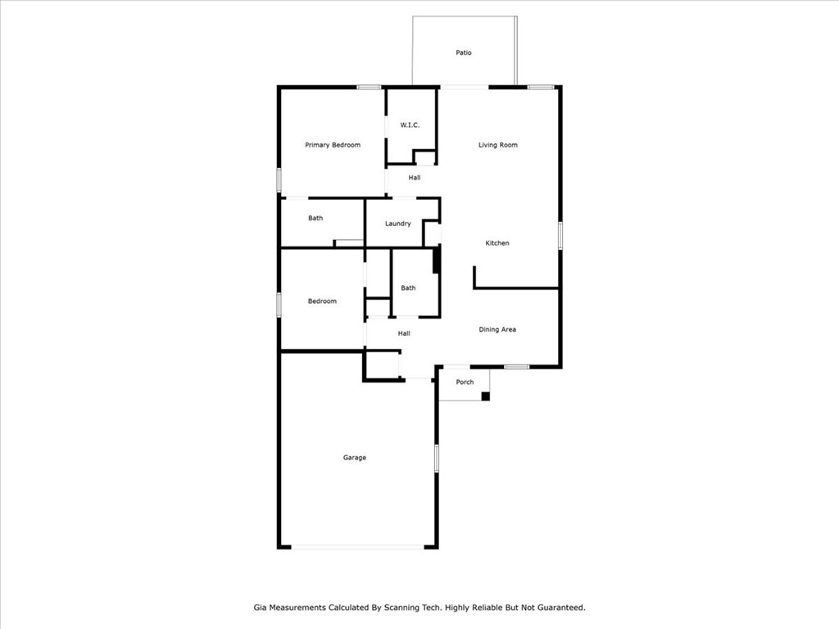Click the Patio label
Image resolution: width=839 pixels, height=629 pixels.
pyautogui.click(x=464, y=52)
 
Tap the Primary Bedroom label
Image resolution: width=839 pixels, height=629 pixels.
pyautogui.click(x=333, y=145)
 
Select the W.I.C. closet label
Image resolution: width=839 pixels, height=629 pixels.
pyautogui.click(x=410, y=125)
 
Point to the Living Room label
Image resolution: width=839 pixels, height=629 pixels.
pyautogui.click(x=497, y=145)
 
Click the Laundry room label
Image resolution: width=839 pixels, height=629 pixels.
pyautogui.click(x=397, y=224)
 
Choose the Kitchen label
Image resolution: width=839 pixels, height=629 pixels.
pyautogui.click(x=497, y=242)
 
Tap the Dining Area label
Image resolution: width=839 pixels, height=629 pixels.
pyautogui.click(x=497, y=329)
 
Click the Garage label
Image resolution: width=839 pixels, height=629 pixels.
pyautogui.click(x=354, y=458)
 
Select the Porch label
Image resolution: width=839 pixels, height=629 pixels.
pyautogui.click(x=465, y=382)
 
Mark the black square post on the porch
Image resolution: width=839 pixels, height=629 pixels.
pyautogui.click(x=485, y=396)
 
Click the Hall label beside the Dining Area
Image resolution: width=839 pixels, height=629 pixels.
pyautogui.click(x=404, y=333)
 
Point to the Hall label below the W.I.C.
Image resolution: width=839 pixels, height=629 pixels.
pyautogui.click(x=414, y=178)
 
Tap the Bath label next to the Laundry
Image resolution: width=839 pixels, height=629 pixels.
pyautogui.click(x=315, y=218)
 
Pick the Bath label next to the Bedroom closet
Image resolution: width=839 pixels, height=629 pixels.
pyautogui.click(x=408, y=287)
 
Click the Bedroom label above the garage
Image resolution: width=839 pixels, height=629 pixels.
pyautogui.click(x=322, y=301)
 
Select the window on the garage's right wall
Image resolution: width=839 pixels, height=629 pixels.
pyautogui.click(x=437, y=458)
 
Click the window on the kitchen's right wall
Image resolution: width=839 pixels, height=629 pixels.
pyautogui.click(x=560, y=235)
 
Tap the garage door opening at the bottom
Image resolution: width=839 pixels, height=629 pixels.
pyautogui.click(x=358, y=547)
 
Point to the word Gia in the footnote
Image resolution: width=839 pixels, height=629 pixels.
pyautogui.click(x=260, y=608)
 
